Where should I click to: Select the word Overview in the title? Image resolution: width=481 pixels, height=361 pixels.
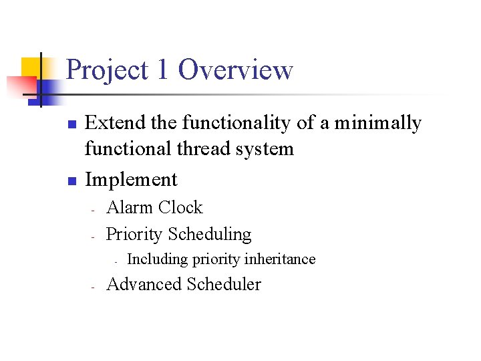click(236, 70)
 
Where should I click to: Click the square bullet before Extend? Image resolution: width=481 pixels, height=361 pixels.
click(73, 124)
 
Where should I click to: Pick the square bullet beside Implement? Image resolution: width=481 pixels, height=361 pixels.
click(73, 180)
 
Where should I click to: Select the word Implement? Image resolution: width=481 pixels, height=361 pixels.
click(132, 180)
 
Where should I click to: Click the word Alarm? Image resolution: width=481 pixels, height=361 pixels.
click(130, 207)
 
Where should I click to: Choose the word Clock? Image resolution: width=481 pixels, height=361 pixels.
click(180, 207)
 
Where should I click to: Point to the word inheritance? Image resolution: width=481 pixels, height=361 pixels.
click(280, 259)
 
